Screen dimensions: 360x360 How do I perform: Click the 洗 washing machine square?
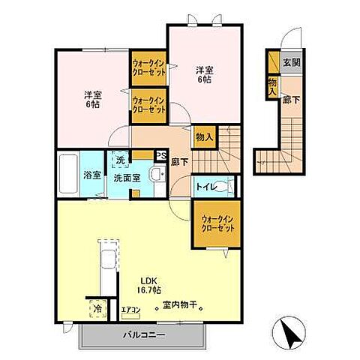[x=120, y=159]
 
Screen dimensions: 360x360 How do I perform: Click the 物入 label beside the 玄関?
[x=271, y=87]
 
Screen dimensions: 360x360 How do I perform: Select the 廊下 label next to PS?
[x=176, y=160]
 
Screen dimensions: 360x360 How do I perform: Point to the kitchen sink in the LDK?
[x=107, y=262]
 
